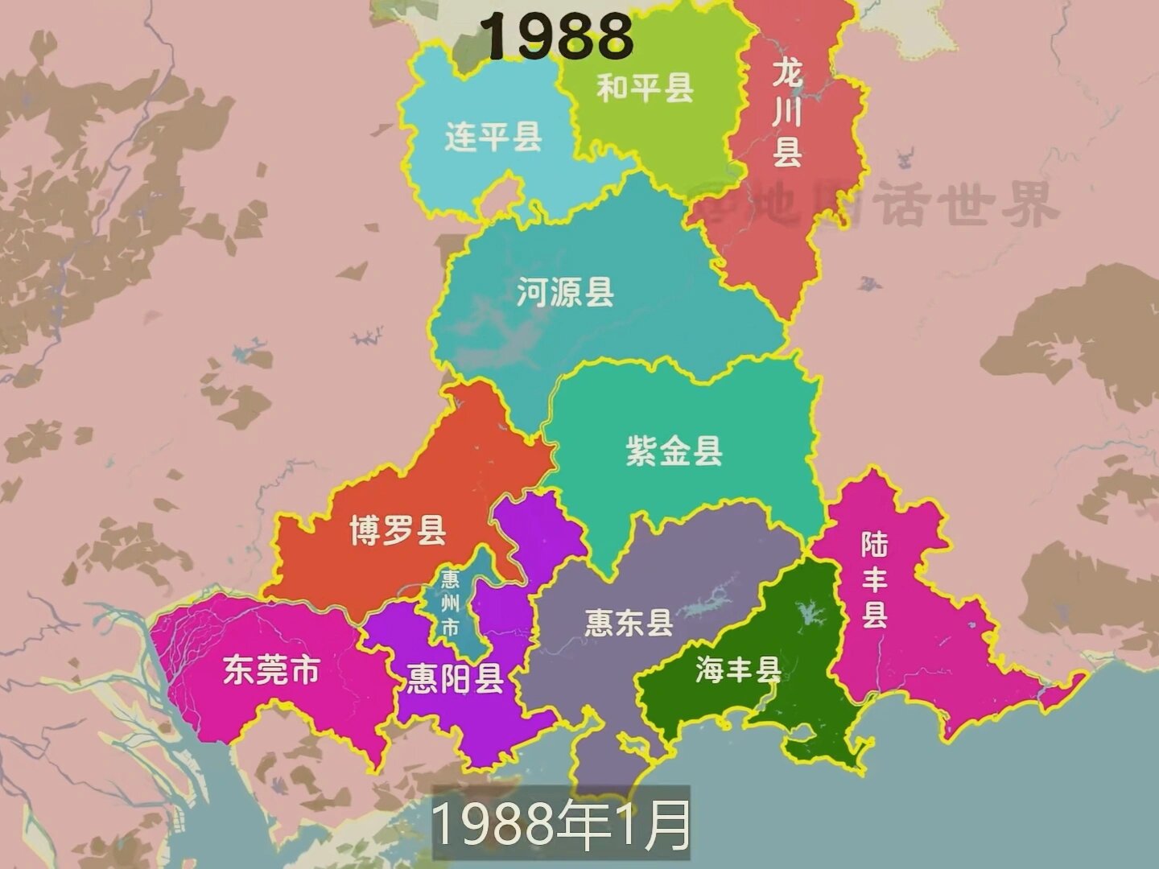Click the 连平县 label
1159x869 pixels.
pyautogui.click(x=493, y=137)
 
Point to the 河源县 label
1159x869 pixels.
pyautogui.click(x=565, y=292)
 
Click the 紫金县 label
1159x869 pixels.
pyautogui.click(x=674, y=451)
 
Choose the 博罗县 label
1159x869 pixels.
pyautogui.click(x=398, y=530)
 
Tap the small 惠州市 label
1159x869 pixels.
pyautogui.click(x=450, y=603)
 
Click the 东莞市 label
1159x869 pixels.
pyautogui.click(x=272, y=669)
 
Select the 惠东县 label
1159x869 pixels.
pyautogui.click(x=629, y=622)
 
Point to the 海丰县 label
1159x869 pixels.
pyautogui.click(x=738, y=669)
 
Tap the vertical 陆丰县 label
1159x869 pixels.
pyautogui.click(x=875, y=579)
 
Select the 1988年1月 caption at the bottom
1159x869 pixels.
pyautogui.click(x=562, y=825)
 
